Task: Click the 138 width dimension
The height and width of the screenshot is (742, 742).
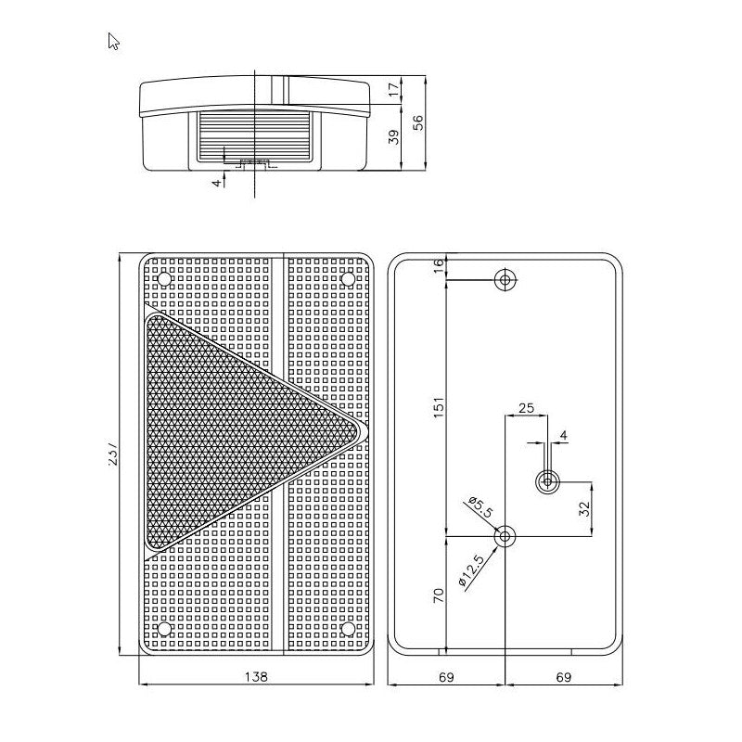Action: point(257,678)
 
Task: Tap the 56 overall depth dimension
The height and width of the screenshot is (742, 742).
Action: point(418,123)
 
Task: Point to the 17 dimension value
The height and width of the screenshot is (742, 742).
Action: point(392,90)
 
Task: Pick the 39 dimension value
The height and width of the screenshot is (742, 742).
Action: point(392,137)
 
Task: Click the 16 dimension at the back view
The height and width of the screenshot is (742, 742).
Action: point(440,265)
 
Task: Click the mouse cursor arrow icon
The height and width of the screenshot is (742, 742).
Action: point(114,41)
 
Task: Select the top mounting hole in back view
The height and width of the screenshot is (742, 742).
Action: point(505,278)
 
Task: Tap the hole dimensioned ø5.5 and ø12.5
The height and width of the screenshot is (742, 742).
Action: point(505,536)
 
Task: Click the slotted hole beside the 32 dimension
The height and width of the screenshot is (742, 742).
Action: point(548,480)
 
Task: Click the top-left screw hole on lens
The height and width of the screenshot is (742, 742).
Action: point(165,278)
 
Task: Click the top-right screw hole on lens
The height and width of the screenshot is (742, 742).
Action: point(348,278)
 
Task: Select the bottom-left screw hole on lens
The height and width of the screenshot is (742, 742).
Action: point(165,629)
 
